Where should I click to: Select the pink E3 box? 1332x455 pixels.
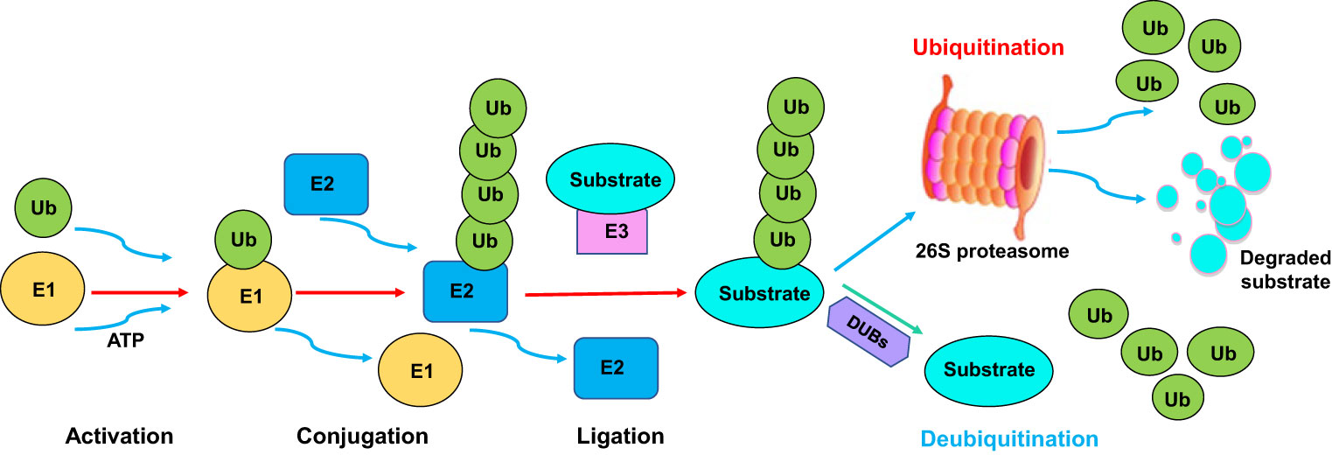611,231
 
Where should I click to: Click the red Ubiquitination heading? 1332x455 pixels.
988,47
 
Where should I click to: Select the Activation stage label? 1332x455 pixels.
120,436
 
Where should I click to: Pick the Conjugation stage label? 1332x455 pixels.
362,436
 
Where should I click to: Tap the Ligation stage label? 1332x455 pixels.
620,436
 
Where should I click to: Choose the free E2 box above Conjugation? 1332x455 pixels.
326,184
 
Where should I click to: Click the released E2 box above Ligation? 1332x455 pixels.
615,368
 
